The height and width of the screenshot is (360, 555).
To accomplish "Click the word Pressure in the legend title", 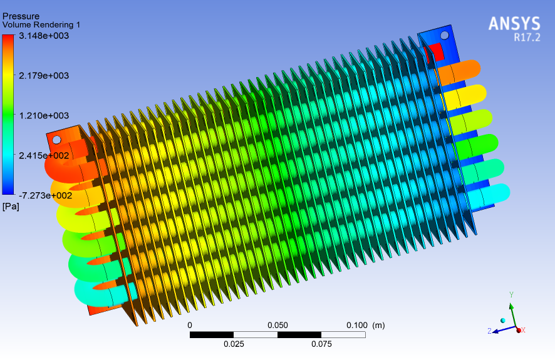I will pyautogui.click(x=21, y=16).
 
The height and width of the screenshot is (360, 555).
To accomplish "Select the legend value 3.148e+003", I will pyautogui.click(x=44, y=36).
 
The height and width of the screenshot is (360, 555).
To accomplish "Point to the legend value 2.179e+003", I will pyautogui.click(x=44, y=76).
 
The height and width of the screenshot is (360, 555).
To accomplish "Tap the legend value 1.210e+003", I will pyautogui.click(x=44, y=116).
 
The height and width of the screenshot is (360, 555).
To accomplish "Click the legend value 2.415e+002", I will pyautogui.click(x=44, y=155).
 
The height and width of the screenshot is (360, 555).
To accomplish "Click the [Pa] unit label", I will pyautogui.click(x=11, y=206).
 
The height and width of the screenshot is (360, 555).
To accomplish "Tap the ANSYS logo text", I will pyautogui.click(x=514, y=24).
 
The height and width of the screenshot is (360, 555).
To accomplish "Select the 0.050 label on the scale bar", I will pyautogui.click(x=277, y=326).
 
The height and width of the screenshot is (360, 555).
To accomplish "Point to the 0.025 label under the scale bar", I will pyautogui.click(x=234, y=344).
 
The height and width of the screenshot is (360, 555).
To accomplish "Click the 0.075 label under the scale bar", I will pyautogui.click(x=321, y=344).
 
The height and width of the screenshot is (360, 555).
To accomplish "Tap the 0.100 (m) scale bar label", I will pyautogui.click(x=365, y=326).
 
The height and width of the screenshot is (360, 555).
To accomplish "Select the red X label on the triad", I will pyautogui.click(x=523, y=330).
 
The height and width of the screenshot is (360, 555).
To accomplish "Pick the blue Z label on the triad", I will pyautogui.click(x=489, y=331).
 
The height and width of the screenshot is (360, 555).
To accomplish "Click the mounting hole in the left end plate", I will pyautogui.click(x=56, y=140).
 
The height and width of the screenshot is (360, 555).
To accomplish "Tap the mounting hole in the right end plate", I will pyautogui.click(x=444, y=35).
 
